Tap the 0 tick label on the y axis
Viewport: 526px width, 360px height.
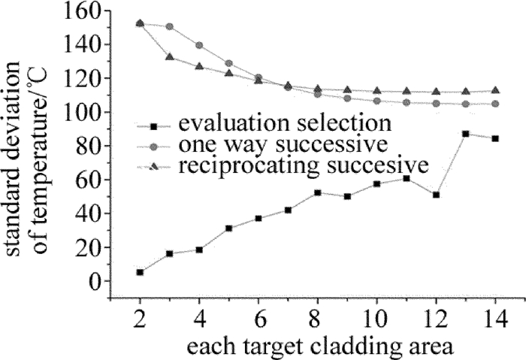pos(95,281)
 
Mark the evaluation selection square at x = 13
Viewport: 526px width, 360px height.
pos(466,134)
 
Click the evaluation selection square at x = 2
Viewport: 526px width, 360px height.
pos(141,272)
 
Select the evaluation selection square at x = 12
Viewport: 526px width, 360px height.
pos(436,195)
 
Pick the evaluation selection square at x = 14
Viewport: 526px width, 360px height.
pos(494,138)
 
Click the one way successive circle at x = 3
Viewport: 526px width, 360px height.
pos(170,26)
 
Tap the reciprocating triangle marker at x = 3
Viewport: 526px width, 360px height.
pos(170,57)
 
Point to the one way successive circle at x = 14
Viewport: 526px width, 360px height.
pos(494,104)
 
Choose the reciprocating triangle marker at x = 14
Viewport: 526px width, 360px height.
pos(494,90)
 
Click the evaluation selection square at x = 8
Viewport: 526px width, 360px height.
pos(318,192)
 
